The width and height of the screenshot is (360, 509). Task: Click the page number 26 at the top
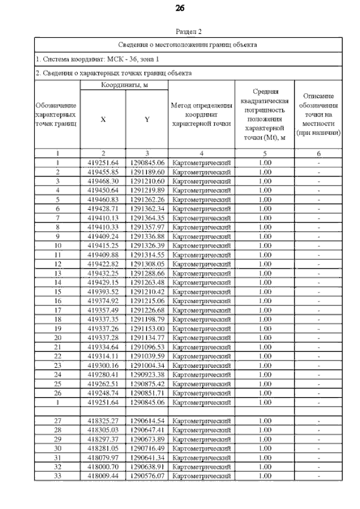tap(180, 8)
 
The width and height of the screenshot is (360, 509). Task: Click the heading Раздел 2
tap(188, 31)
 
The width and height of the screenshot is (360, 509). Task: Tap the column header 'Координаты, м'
tap(124, 85)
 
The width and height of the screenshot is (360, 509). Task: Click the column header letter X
tap(102, 119)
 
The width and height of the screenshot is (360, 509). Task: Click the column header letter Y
tap(147, 119)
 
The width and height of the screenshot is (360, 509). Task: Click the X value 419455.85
tap(103, 172)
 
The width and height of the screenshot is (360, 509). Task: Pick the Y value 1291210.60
tap(147, 181)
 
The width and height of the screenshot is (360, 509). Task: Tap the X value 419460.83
tap(103, 199)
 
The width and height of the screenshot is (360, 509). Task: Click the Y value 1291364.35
tap(147, 217)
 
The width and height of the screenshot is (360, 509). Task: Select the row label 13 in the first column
tap(57, 272)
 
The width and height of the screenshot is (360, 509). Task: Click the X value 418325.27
tap(103, 421)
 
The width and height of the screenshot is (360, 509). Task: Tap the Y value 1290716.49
tap(147, 448)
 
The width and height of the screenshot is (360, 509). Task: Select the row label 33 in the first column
tap(57, 476)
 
